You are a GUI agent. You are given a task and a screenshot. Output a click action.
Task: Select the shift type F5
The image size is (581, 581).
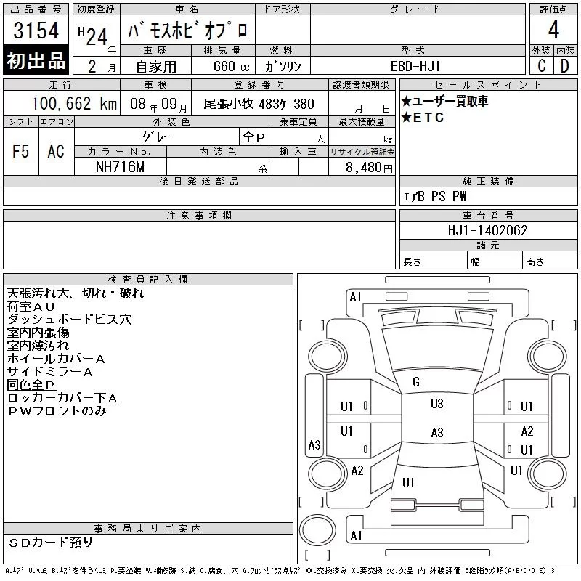coord(20,151)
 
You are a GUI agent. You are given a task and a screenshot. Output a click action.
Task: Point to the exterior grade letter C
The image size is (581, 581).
coord(541,66)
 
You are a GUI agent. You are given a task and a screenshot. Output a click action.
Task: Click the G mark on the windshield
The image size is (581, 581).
coord(416,382)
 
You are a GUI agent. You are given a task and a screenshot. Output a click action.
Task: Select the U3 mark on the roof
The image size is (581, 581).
coord(436,404)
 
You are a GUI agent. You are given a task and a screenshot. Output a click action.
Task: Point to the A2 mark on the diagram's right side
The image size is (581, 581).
coord(527,431)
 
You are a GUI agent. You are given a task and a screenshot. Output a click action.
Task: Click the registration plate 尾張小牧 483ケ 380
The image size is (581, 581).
coord(259,104)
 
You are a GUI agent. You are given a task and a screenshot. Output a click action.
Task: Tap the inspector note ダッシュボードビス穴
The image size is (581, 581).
coord(70,320)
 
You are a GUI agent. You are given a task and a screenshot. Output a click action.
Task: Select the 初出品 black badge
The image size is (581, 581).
coord(36,61)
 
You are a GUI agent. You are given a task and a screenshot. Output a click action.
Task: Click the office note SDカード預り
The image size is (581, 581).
coord(51,542)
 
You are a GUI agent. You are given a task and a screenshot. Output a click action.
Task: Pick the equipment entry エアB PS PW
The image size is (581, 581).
coord(436,196)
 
